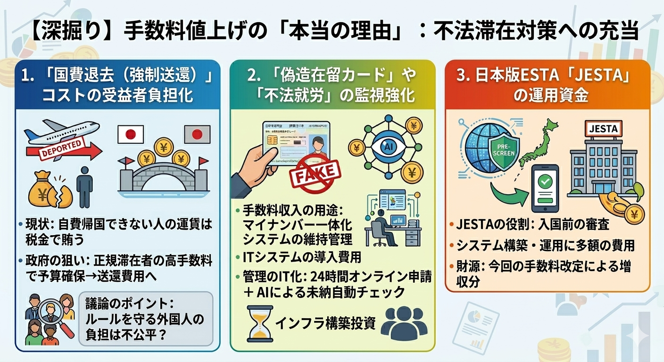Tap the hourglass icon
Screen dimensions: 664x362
pyautogui.click(x=259, y=323)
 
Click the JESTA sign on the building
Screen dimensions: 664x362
pyautogui.click(x=603, y=128)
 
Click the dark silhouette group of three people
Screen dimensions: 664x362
pyautogui.click(x=404, y=323)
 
